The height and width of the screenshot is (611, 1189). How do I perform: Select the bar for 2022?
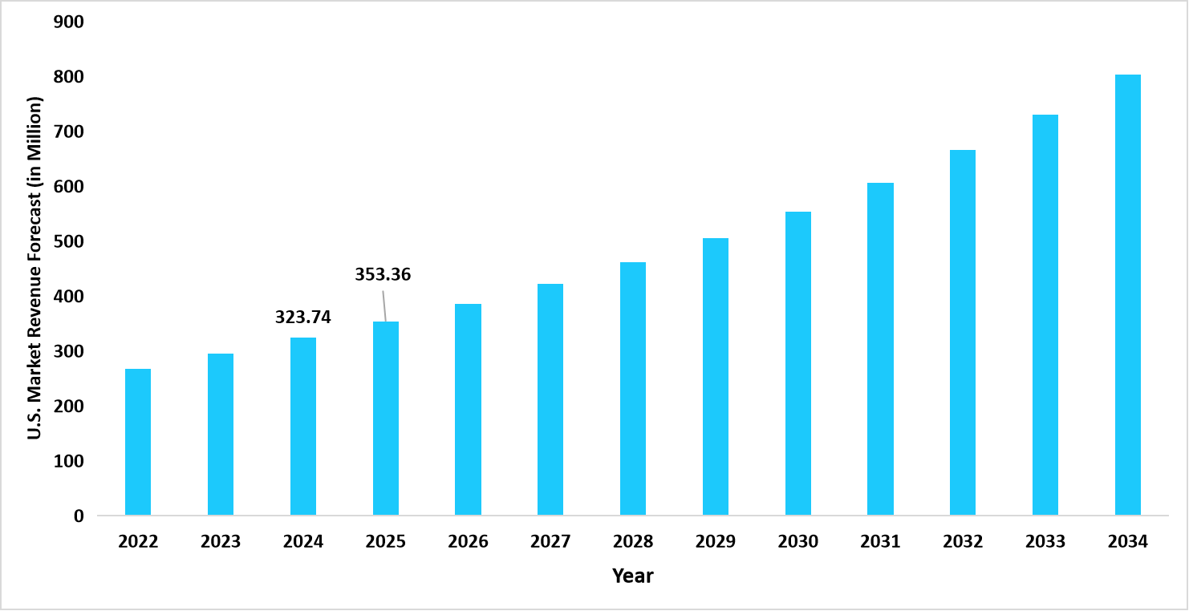click(x=138, y=442)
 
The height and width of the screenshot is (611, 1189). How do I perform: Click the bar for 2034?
click(x=1127, y=295)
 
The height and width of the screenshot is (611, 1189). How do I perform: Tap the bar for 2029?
click(x=715, y=377)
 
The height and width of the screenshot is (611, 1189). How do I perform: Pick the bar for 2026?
click(x=468, y=410)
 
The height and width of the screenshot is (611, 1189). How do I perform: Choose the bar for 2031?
click(x=880, y=349)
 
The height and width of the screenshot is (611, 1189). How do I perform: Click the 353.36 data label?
click(x=383, y=275)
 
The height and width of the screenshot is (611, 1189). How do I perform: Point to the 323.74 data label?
click(x=302, y=318)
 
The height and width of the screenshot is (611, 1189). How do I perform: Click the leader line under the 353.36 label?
click(x=384, y=306)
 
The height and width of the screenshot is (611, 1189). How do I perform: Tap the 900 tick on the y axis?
click(x=69, y=22)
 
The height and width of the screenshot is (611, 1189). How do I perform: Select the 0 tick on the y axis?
click(x=79, y=516)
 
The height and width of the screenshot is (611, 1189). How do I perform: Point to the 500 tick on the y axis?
click(x=69, y=241)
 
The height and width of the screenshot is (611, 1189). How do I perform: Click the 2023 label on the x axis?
click(x=221, y=542)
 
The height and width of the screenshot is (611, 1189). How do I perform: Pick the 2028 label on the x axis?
click(x=633, y=542)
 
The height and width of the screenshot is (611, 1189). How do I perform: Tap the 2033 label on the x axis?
click(x=1045, y=542)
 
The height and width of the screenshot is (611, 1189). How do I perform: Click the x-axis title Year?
click(x=633, y=576)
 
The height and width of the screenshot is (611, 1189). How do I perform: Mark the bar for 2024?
click(x=302, y=427)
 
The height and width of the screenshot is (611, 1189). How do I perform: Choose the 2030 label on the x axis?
click(x=797, y=542)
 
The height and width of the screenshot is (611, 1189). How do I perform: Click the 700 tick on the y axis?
click(x=69, y=132)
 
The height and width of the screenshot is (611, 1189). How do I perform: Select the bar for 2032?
click(x=963, y=333)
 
